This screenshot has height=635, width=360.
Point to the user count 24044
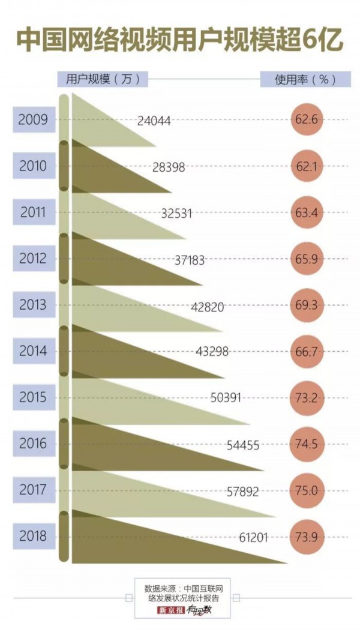[154, 120]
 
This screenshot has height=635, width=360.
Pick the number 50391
[228, 398]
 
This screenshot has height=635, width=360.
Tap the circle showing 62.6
[307, 119]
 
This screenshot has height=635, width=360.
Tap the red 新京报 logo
[170, 611]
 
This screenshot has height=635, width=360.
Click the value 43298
[212, 352]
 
